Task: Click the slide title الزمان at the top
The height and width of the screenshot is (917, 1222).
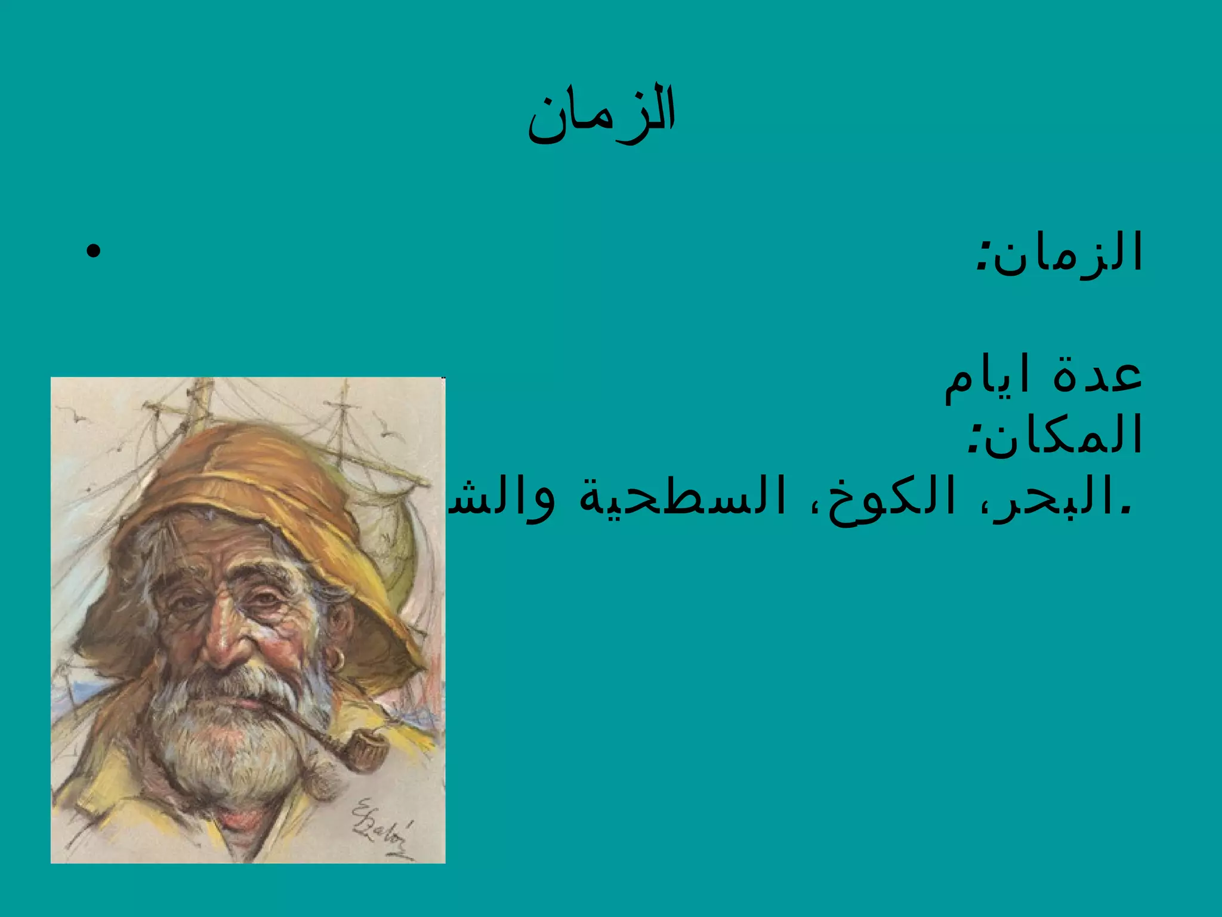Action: pyautogui.click(x=601, y=113)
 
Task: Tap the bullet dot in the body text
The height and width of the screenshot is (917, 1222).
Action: pyautogui.click(x=93, y=251)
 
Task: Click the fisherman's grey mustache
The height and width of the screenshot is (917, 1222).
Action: pyautogui.click(x=239, y=681)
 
